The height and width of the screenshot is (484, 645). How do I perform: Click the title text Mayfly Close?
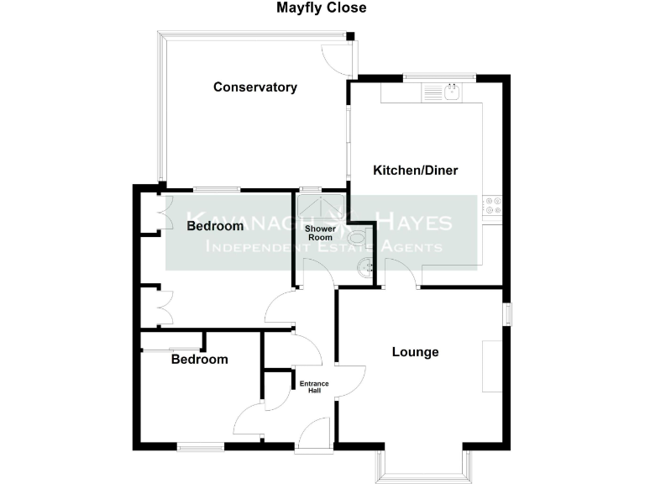click(322, 8)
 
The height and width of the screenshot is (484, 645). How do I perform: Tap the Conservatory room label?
click(255, 87)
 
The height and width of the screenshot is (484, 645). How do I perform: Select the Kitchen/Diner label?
click(416, 171)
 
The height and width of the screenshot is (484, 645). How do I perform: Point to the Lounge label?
click(416, 352)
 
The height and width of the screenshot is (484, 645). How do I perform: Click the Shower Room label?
click(320, 233)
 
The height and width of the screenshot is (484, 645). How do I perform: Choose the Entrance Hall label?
click(315, 387)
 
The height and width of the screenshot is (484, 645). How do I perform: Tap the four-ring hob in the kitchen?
click(491, 208)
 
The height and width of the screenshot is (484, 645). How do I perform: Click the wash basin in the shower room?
click(366, 268)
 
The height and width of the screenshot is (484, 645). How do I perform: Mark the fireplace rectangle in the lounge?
click(491, 366)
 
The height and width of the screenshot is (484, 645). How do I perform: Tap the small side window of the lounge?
click(507, 313)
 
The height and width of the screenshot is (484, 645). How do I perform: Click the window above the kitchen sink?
click(438, 78)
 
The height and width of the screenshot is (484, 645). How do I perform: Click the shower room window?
click(311, 189)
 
